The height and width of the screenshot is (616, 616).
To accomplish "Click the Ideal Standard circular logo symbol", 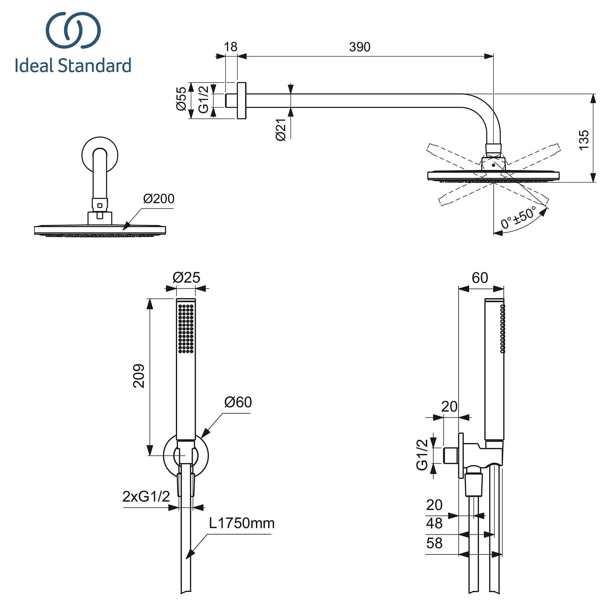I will pos(73,30).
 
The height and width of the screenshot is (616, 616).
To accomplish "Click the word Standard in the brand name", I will pos(95,65).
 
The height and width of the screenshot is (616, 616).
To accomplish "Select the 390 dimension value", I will pos(359,47).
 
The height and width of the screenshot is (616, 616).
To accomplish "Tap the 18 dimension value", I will pos(230,47).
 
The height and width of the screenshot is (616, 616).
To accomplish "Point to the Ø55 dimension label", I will pos(181,99).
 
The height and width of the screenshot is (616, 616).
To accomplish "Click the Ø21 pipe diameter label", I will pos(281,130).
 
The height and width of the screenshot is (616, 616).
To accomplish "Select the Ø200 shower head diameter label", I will pos(158,199).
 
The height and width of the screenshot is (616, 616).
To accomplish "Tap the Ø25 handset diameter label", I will pos(186,278).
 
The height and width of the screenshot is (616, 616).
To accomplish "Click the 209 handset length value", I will pos(139,375).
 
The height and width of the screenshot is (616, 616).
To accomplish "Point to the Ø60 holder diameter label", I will pos(238,402).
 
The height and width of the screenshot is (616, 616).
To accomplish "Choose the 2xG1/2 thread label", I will pos(146,496).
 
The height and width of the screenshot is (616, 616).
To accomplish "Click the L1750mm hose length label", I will pos(242,524).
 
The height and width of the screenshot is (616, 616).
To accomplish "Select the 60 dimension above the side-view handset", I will pos(480,278).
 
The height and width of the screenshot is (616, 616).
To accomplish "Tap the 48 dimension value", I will pos(434,524).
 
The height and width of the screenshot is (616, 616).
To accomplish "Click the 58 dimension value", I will pos(434,543).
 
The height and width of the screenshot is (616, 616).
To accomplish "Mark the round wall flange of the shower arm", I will pos(241,101).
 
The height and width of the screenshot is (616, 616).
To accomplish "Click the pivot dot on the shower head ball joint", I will pos(493,165).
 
